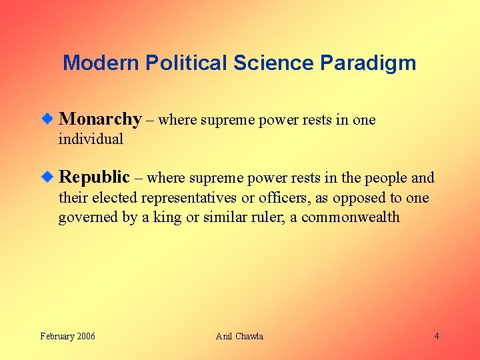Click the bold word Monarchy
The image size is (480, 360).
click(x=100, y=120)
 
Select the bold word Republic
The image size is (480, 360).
click(x=94, y=177)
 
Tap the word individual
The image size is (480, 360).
click(x=91, y=139)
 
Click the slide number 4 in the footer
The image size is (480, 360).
click(x=437, y=336)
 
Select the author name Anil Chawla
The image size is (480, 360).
click(x=239, y=336)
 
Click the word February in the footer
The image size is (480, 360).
click(x=55, y=336)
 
